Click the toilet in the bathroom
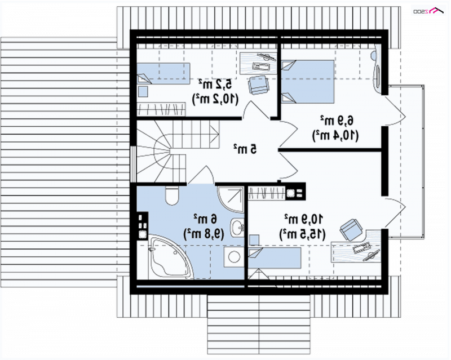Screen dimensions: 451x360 coord(172,195)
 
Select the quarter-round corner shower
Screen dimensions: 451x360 coord(231,199)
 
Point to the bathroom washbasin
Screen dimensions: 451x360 coord(237,227)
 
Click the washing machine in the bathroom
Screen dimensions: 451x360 coord(233,257)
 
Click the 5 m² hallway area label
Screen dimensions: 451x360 coord(245,149)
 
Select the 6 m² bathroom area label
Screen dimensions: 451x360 coord(205,219)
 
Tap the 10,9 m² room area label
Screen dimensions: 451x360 coord(303,219)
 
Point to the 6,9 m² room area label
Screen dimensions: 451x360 coord(337,121)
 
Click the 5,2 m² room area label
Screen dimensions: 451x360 coord(215,85)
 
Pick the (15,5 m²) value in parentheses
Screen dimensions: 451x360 coord(302,234)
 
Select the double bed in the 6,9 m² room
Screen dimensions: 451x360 coord(307,81)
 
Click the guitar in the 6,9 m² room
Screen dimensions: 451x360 coord(377,69)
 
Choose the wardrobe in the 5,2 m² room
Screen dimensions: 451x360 coord(161,109)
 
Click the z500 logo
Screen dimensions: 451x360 coord(428,11)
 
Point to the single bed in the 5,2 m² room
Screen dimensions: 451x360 coord(163,74)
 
